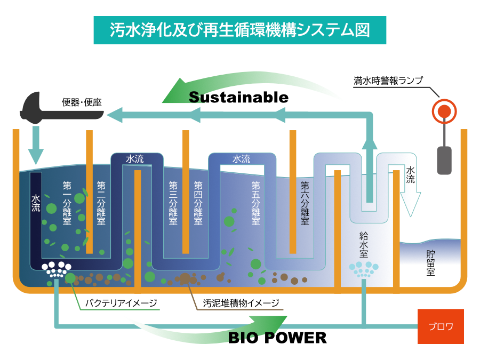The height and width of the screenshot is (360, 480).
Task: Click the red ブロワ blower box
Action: (441, 326)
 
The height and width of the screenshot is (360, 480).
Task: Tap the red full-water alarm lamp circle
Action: (444, 111)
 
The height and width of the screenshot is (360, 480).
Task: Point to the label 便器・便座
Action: (81, 102)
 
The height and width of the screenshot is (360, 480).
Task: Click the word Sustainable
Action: (238, 98)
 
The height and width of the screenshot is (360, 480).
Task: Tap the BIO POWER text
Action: (277, 338)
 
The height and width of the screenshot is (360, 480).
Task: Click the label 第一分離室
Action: (67, 203)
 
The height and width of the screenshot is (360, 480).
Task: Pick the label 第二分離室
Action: (101, 203)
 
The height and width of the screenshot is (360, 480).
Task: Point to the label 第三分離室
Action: (173, 203)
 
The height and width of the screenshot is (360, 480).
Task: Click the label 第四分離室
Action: (198, 203)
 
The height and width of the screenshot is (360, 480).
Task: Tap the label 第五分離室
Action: (255, 203)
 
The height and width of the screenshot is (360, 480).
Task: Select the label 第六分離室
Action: (305, 203)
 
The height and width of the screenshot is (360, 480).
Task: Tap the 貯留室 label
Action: (430, 263)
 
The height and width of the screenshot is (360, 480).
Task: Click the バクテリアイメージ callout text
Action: (122, 303)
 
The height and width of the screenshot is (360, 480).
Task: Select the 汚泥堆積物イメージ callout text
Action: (241, 303)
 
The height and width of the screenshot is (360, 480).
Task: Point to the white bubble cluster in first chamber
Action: (56, 269)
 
